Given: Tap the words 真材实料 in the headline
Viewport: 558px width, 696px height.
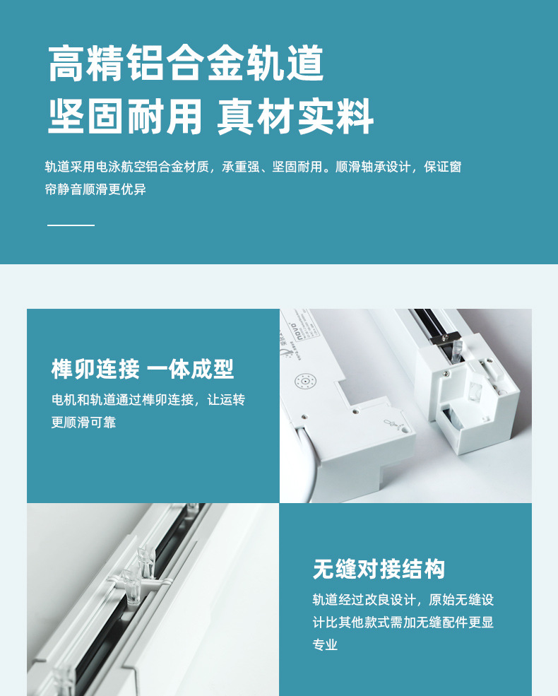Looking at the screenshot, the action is click(295, 117).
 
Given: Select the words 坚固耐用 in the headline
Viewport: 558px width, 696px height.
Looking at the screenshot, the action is click(125, 117).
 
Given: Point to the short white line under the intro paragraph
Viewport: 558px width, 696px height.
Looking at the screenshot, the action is click(71, 225).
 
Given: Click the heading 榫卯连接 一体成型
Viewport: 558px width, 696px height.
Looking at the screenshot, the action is click(143, 369).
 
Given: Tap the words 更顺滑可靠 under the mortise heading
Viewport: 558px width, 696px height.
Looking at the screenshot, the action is click(84, 422).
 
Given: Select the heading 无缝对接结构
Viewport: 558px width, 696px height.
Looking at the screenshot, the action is click(379, 569).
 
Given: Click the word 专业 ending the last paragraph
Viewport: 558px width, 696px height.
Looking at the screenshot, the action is click(325, 644).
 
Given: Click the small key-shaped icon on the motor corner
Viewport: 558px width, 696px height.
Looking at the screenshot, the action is click(393, 423).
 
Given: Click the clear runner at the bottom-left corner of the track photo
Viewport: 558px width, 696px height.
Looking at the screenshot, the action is click(62, 680).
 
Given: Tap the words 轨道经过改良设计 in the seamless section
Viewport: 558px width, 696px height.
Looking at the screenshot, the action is click(364, 600).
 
